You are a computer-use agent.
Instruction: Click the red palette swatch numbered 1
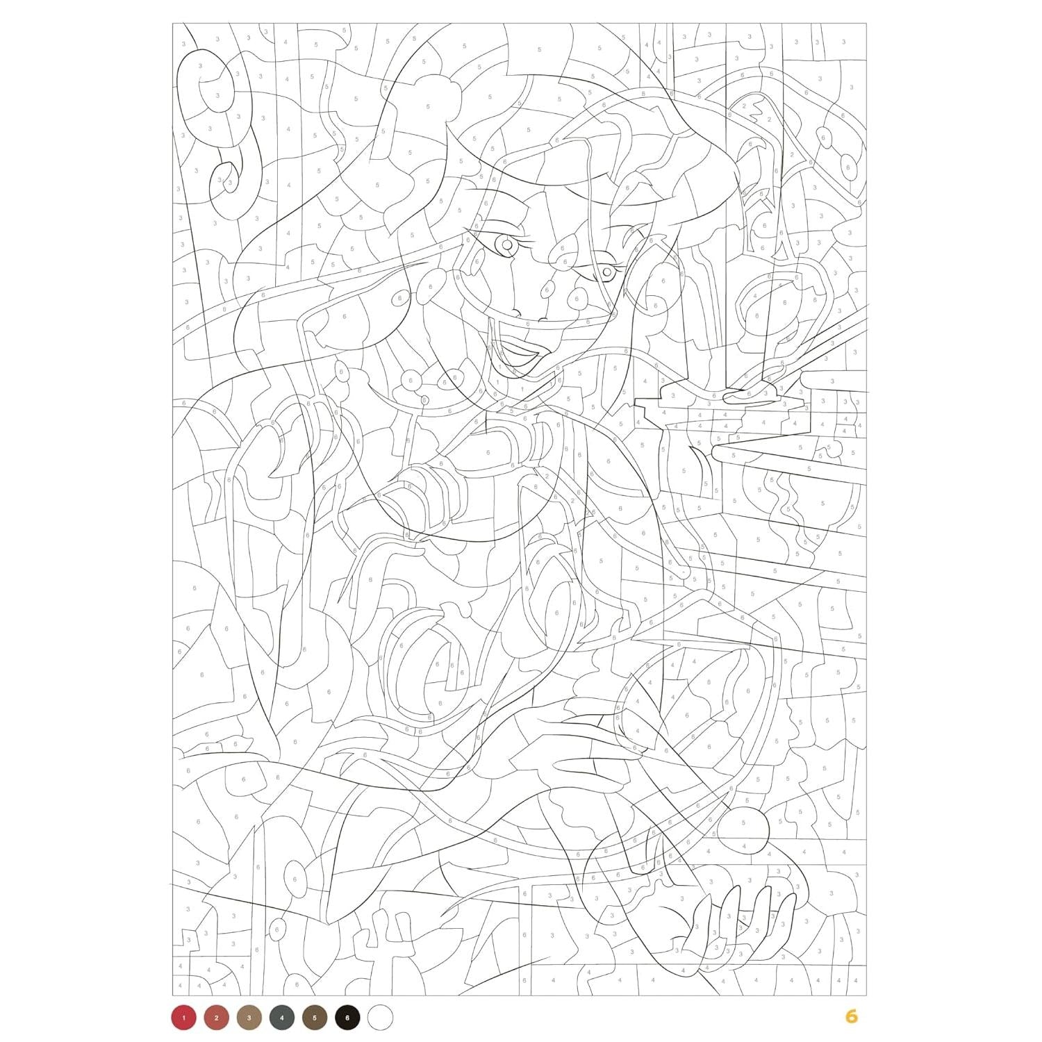(x=183, y=1018)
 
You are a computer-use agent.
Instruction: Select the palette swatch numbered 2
(x=216, y=1018)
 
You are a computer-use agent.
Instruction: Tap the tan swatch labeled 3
(x=249, y=1018)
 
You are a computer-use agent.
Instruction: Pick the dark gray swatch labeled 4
(x=281, y=1018)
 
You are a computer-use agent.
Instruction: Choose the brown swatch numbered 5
(x=314, y=1018)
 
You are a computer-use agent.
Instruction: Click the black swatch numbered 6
(x=347, y=1018)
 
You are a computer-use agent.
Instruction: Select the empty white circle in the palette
(x=380, y=1018)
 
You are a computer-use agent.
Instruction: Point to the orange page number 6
(x=852, y=1017)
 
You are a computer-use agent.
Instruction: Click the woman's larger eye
(x=506, y=245)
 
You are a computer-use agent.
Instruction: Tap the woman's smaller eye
(x=606, y=272)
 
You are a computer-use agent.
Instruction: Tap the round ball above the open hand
(x=743, y=827)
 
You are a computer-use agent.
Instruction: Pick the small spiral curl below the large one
(x=226, y=177)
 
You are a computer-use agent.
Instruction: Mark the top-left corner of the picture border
(x=173, y=23)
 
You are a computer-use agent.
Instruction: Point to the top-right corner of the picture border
(x=866, y=23)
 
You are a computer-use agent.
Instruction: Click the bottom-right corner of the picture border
(x=866, y=995)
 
